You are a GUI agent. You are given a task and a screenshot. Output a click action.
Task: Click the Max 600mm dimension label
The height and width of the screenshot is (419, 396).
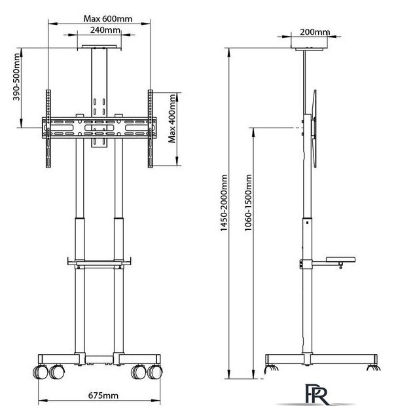click(108, 19)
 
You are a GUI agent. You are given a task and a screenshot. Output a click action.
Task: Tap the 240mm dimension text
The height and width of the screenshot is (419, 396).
click(105, 30)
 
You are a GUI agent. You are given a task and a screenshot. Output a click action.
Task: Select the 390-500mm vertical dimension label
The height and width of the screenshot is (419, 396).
click(16, 77)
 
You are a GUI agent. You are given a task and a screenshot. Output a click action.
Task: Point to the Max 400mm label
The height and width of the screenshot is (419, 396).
click(172, 118)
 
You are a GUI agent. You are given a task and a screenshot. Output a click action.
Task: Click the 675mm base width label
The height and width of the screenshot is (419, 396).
click(103, 395)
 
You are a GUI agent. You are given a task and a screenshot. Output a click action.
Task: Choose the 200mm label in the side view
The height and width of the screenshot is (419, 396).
click(315, 32)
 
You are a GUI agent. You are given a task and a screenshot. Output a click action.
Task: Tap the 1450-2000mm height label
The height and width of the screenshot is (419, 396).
click(224, 203)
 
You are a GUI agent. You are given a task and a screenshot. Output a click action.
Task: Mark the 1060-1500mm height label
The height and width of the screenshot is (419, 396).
click(248, 202)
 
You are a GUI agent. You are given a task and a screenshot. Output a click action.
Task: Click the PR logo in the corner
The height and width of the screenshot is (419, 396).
click(317, 394)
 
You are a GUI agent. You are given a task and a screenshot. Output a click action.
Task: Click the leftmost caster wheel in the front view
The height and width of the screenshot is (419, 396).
click(40, 372)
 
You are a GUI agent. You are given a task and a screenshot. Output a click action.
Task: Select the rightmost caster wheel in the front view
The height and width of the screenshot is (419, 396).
click(155, 372)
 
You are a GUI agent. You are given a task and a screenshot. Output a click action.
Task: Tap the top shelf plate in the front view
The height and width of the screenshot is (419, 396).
click(99, 47)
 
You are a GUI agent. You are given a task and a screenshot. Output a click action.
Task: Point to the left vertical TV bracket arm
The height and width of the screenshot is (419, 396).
click(48, 128)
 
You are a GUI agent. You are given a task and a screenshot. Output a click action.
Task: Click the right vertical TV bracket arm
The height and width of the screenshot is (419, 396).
click(150, 128)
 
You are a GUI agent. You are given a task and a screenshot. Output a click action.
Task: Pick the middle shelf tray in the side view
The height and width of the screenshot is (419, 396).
click(340, 259)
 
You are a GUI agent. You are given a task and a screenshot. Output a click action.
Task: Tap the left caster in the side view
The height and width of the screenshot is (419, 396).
click(271, 368)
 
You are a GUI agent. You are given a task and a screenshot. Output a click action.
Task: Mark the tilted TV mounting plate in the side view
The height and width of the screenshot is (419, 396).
click(315, 128)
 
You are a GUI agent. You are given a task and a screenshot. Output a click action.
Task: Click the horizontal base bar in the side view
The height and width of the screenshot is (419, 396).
click(321, 359)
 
